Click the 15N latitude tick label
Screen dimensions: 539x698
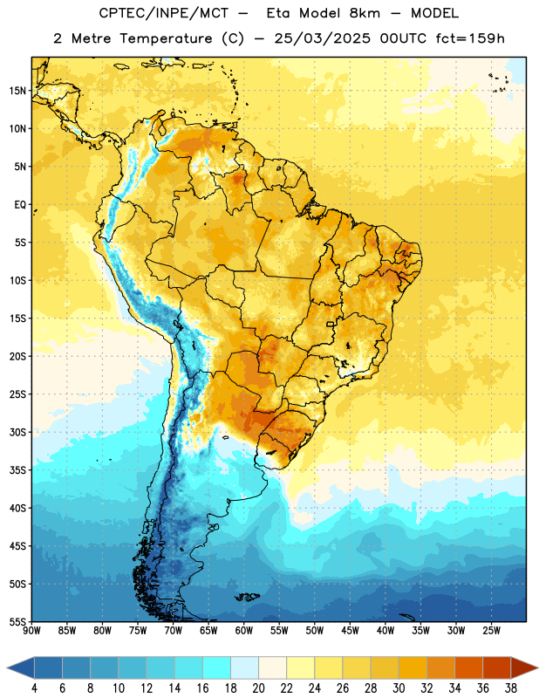[17, 91]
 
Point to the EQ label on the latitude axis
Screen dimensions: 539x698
[20, 205]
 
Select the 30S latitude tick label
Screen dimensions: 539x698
[17, 433]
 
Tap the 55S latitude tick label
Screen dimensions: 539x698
[17, 622]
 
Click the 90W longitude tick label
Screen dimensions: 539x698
[31, 631]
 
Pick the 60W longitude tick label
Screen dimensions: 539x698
[244, 631]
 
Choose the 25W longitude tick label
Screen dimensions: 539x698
[491, 631]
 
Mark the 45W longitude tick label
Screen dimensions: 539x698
[350, 631]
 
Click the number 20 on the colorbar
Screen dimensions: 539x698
[258, 688]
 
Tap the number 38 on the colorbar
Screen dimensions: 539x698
[511, 688]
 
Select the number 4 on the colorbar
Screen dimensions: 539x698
[34, 688]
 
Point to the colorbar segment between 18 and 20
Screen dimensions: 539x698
[244, 667]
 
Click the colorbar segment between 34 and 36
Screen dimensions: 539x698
[468, 667]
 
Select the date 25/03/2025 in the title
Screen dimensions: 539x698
[322, 38]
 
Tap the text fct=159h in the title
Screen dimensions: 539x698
[470, 38]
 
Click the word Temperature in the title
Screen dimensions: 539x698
[166, 38]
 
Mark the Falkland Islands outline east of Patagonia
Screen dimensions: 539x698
[247, 597]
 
